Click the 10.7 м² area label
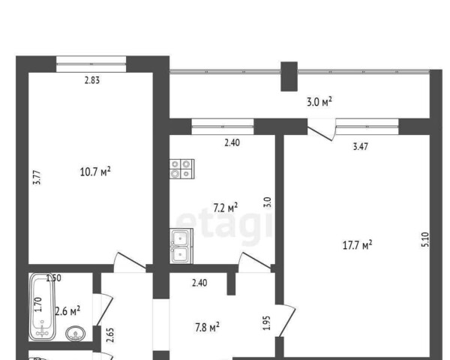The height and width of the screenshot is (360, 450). [95, 172]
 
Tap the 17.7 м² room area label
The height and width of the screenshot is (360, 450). [358, 245]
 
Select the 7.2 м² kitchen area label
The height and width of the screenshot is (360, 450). [226, 208]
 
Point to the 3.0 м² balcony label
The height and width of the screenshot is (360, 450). [319, 102]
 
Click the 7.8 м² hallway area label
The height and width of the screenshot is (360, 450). [207, 327]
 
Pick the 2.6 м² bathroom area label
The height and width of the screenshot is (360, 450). [67, 310]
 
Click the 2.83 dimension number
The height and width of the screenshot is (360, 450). [92, 80]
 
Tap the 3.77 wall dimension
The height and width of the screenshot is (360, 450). [37, 178]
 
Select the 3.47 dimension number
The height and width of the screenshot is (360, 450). [360, 147]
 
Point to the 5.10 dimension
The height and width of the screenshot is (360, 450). [425, 239]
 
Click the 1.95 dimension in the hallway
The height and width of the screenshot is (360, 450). [267, 323]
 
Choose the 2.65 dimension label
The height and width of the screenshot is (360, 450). [110, 335]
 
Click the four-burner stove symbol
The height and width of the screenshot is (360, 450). [182, 169]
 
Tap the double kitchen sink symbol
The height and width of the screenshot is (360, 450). [181, 246]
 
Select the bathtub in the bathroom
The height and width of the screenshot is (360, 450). [42, 307]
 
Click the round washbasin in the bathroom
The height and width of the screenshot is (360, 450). [76, 334]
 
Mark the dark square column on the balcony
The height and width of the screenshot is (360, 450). [289, 76]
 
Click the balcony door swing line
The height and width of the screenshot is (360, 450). [319, 133]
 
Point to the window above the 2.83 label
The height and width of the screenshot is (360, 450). [91, 64]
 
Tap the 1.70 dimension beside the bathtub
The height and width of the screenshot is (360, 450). [38, 305]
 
